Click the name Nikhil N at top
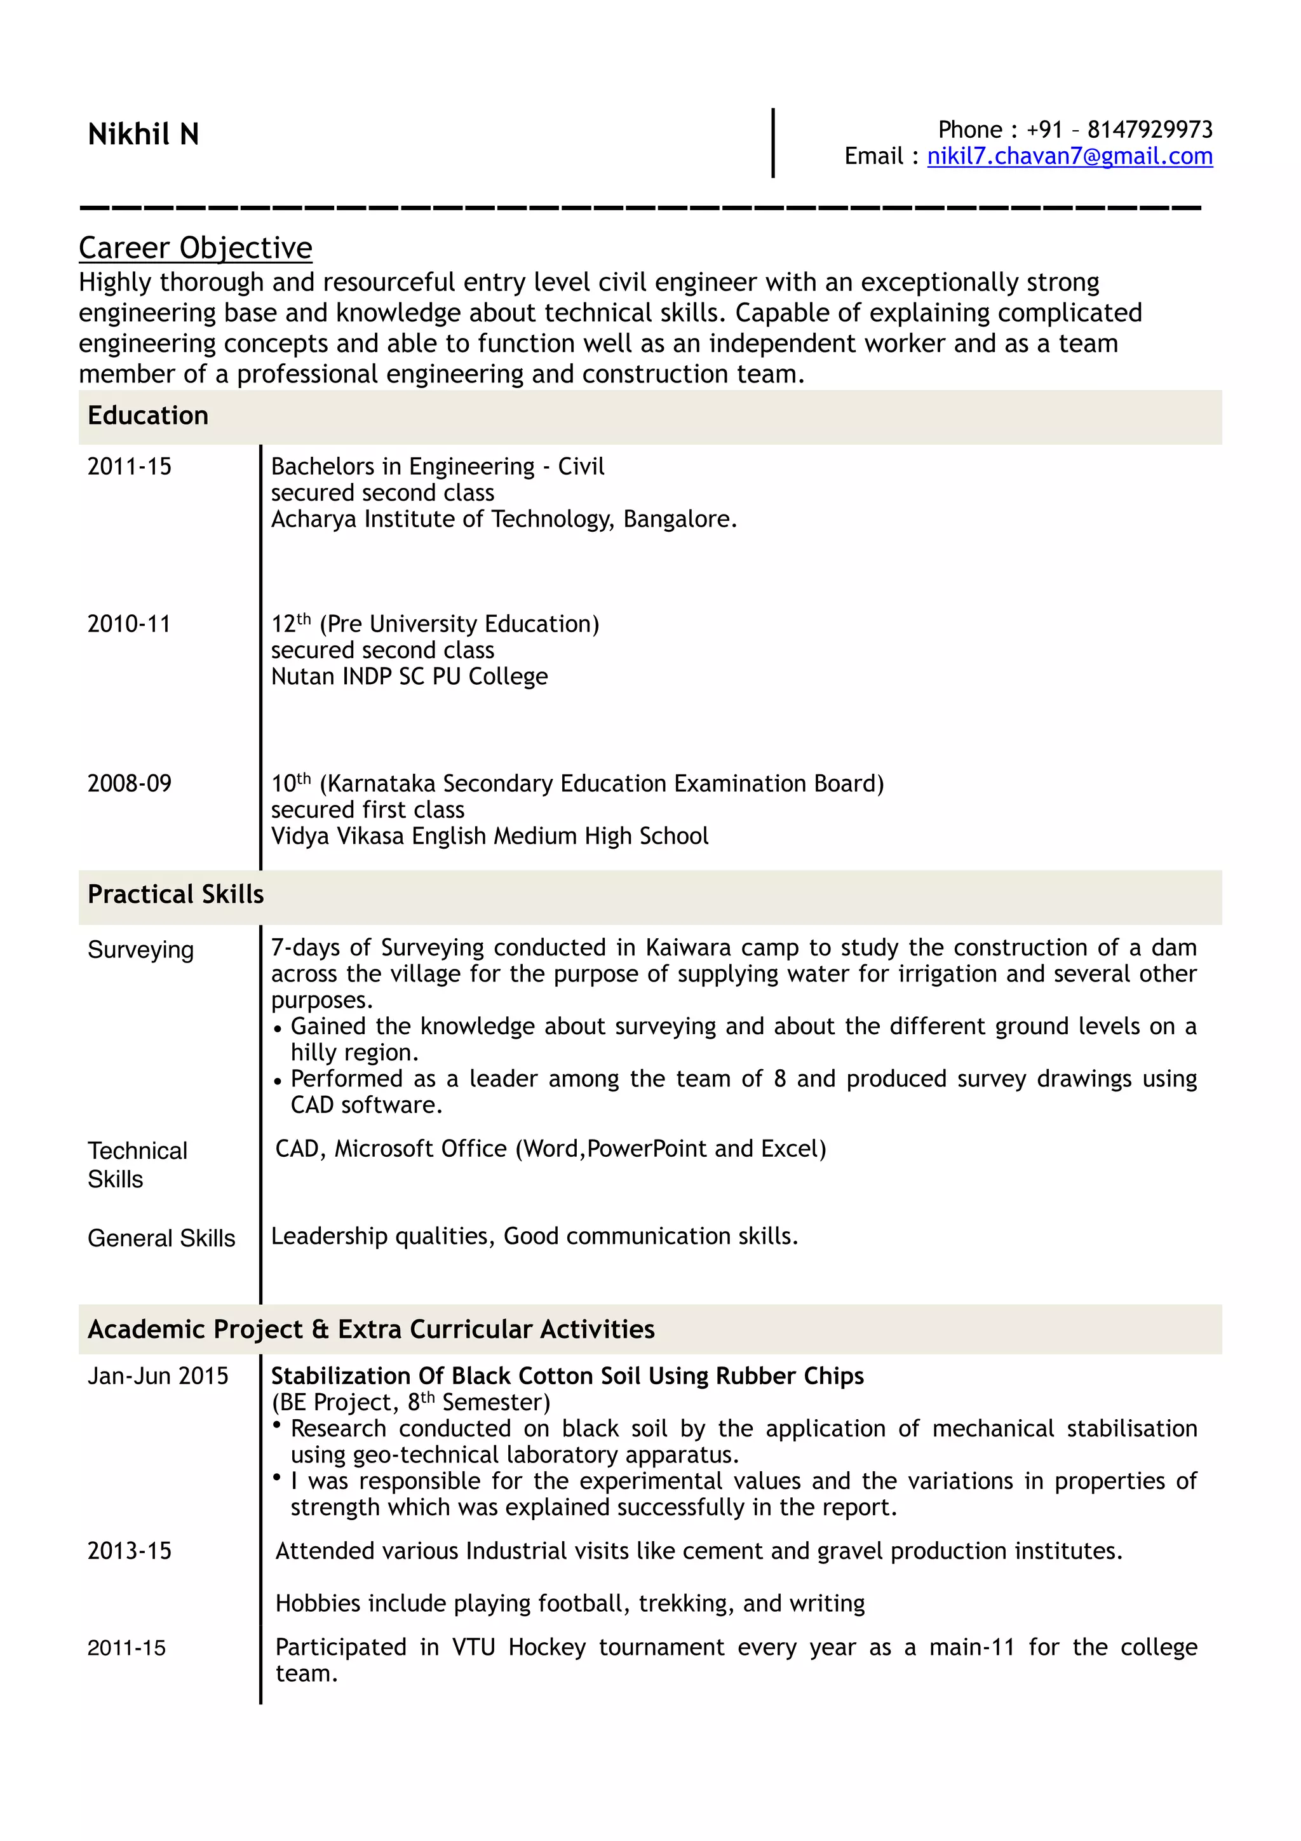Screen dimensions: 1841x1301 pos(144,135)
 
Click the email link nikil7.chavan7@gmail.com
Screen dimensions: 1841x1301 pos(1069,156)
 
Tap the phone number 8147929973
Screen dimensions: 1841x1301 pos(1150,130)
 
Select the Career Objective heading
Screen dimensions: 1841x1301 pos(196,248)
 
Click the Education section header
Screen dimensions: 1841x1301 pos(148,416)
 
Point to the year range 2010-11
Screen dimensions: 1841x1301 pos(129,624)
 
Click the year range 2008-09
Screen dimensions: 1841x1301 pos(129,783)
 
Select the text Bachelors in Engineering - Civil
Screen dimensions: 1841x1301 pos(438,467)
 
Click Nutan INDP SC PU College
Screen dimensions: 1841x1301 pos(410,677)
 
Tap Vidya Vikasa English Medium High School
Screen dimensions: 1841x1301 pos(490,836)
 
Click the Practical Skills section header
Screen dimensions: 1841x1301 pos(175,895)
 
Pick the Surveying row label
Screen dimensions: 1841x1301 pos(141,950)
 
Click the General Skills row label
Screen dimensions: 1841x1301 pos(161,1239)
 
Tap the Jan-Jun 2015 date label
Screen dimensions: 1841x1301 pos(158,1377)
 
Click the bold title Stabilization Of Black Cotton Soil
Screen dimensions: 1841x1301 pos(567,1377)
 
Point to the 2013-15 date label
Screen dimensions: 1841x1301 pos(129,1551)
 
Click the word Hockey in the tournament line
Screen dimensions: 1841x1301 pos(548,1647)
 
